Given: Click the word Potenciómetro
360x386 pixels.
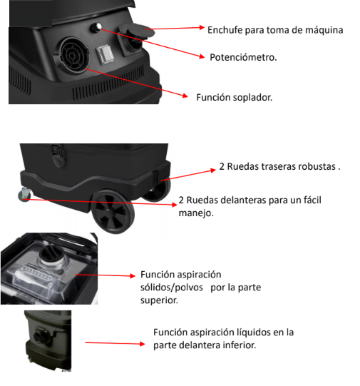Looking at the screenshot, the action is click(x=243, y=57).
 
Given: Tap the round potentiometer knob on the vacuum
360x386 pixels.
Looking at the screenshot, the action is click(x=96, y=27).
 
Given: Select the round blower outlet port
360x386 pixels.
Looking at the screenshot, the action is click(x=72, y=56).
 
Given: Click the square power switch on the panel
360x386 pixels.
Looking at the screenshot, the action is click(x=105, y=54).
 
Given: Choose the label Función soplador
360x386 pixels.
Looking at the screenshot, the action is click(x=234, y=98).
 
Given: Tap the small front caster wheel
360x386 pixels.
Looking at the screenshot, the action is click(x=24, y=195).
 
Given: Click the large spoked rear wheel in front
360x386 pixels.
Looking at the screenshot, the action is click(x=113, y=212).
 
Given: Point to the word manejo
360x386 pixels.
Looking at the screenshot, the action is click(x=196, y=213).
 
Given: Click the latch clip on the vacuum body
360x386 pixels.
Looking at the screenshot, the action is click(x=58, y=155).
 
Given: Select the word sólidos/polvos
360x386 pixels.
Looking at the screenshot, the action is click(x=172, y=288).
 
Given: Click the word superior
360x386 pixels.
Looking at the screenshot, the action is click(x=159, y=300).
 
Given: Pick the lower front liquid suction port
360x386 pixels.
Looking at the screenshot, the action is click(x=40, y=335).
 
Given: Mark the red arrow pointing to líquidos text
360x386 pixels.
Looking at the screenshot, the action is click(x=115, y=343).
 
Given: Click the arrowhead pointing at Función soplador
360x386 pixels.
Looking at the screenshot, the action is click(x=185, y=96).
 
